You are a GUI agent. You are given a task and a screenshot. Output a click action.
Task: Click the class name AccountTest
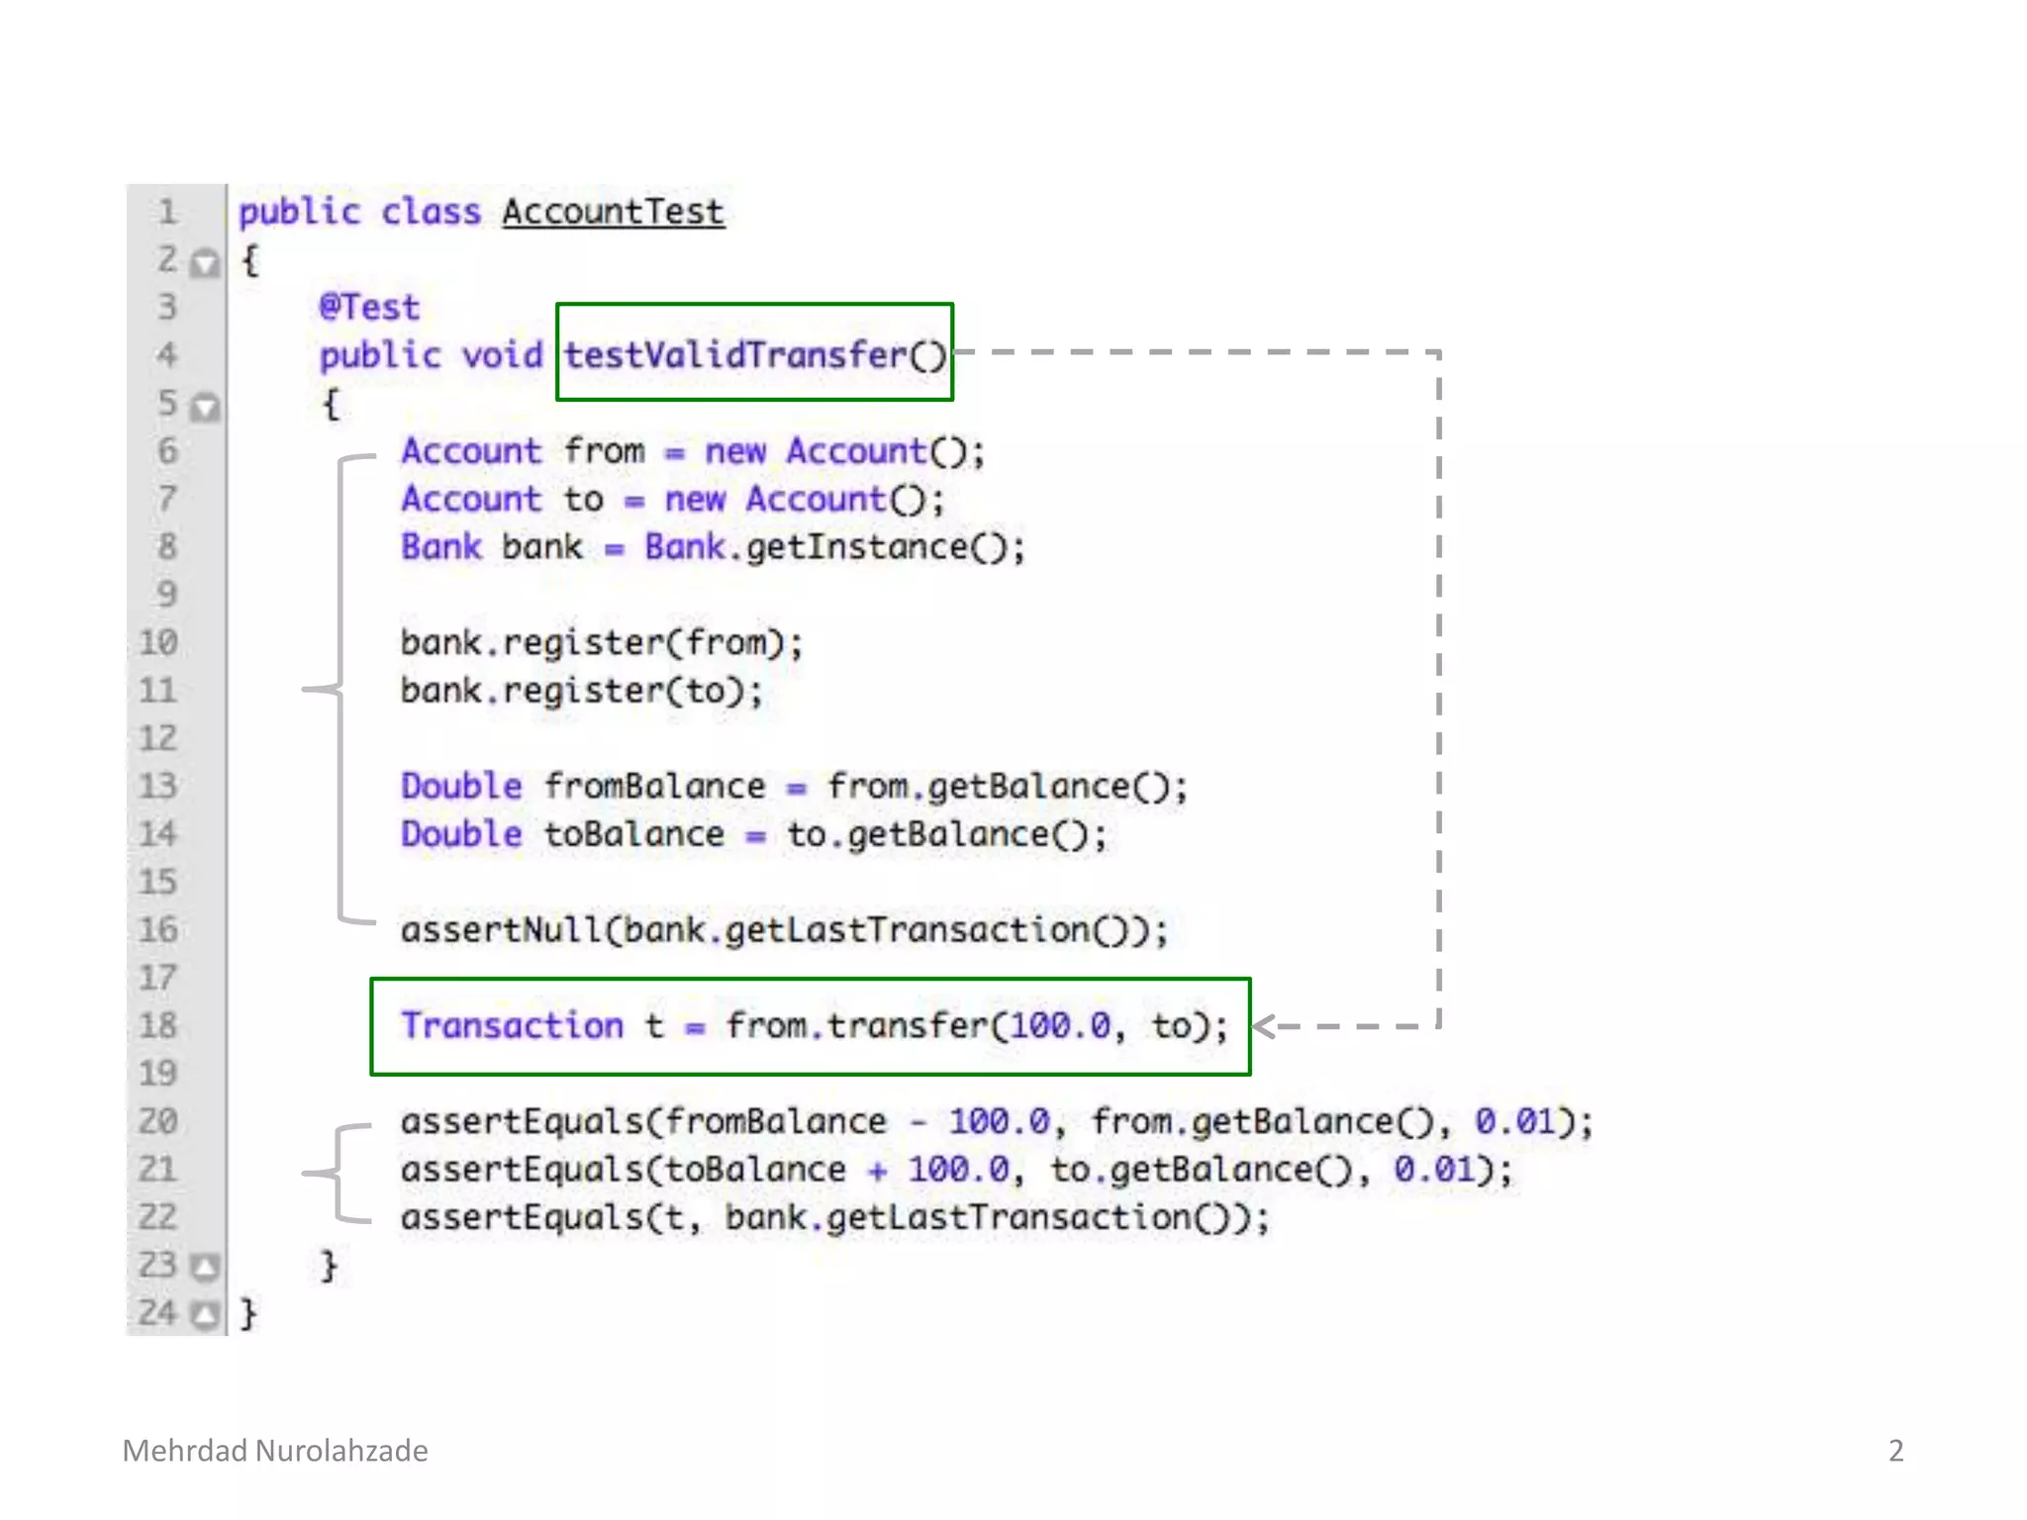pyautogui.click(x=613, y=213)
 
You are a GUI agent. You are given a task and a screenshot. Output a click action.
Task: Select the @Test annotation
pyautogui.click(x=369, y=308)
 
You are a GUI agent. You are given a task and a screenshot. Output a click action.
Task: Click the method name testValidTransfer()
pyautogui.click(x=755, y=354)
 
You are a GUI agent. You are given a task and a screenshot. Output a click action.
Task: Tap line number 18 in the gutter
pyautogui.click(x=158, y=1025)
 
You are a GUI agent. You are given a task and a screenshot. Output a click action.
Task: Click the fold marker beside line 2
pyautogui.click(x=205, y=263)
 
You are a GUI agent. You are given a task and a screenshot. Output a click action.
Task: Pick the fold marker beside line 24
pyautogui.click(x=205, y=1315)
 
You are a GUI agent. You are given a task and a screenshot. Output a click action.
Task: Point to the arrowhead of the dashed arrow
pyautogui.click(x=1264, y=1026)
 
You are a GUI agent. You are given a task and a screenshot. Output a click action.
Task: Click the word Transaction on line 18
pyautogui.click(x=512, y=1026)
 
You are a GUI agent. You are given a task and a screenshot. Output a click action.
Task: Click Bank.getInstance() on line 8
pyautogui.click(x=834, y=547)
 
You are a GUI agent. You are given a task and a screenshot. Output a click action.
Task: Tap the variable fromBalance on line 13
pyautogui.click(x=654, y=787)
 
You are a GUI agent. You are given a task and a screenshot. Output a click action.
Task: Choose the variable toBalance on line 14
pyautogui.click(x=633, y=834)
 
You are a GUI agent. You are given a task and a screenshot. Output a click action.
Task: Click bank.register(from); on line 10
pyautogui.click(x=601, y=643)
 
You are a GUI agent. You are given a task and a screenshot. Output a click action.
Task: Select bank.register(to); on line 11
pyautogui.click(x=581, y=691)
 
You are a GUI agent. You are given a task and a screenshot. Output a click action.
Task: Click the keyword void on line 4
pyautogui.click(x=503, y=354)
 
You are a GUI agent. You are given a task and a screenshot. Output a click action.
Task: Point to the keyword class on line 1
pyautogui.click(x=431, y=213)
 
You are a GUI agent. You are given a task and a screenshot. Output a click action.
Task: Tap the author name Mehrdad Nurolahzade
pyautogui.click(x=275, y=1451)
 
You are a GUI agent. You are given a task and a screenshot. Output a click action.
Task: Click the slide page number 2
pyautogui.click(x=1895, y=1451)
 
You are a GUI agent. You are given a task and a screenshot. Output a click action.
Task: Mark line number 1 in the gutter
pyautogui.click(x=167, y=212)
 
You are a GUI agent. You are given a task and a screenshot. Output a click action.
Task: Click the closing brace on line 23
pyautogui.click(x=329, y=1267)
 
